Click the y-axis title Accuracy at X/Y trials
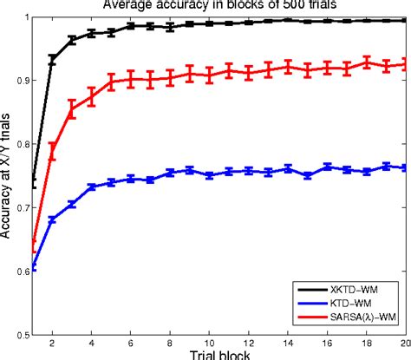7,173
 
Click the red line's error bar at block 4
91,96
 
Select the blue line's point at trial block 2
53,220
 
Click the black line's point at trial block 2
53,60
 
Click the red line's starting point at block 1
34,247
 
